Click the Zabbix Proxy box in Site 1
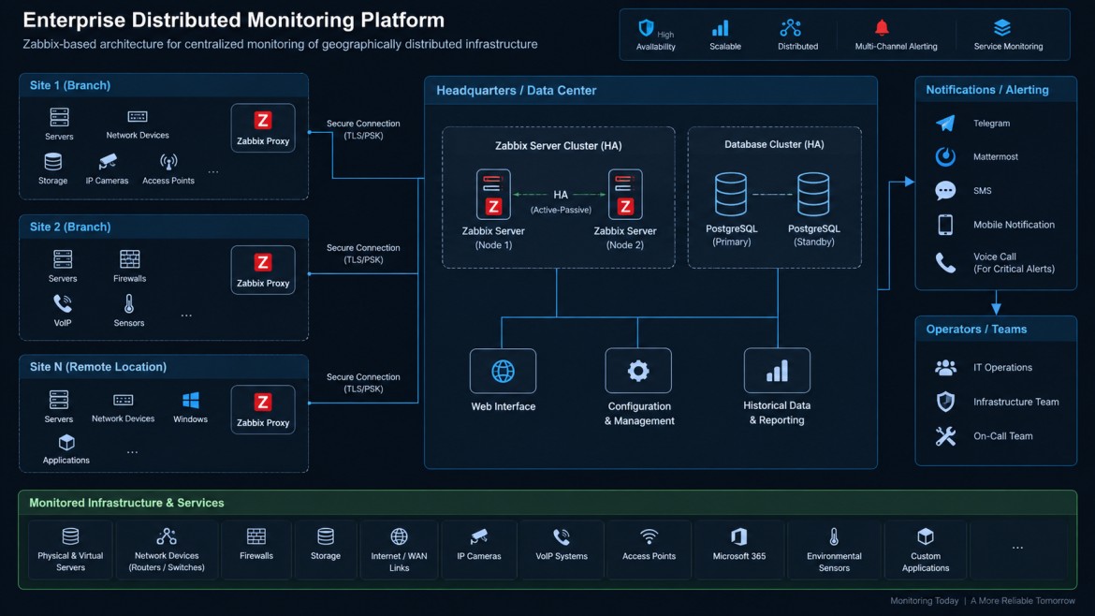tap(263, 128)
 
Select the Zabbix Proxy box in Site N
tap(263, 409)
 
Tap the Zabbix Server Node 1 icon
tap(493, 194)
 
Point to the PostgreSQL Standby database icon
tap(813, 194)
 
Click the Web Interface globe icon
tap(503, 372)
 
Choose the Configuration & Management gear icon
tap(638, 371)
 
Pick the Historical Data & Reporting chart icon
tap(777, 371)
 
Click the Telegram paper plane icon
tap(945, 124)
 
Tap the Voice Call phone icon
tap(945, 263)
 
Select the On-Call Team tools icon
tap(945, 436)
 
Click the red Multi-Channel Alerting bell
tap(882, 28)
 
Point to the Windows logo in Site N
tap(191, 400)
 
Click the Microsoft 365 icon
tap(738, 536)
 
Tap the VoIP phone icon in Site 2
tap(62, 304)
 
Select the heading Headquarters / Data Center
tap(516, 91)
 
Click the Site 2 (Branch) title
tap(70, 227)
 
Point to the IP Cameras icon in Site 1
tap(108, 162)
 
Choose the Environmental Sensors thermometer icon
tap(834, 537)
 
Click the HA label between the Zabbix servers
tap(561, 195)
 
